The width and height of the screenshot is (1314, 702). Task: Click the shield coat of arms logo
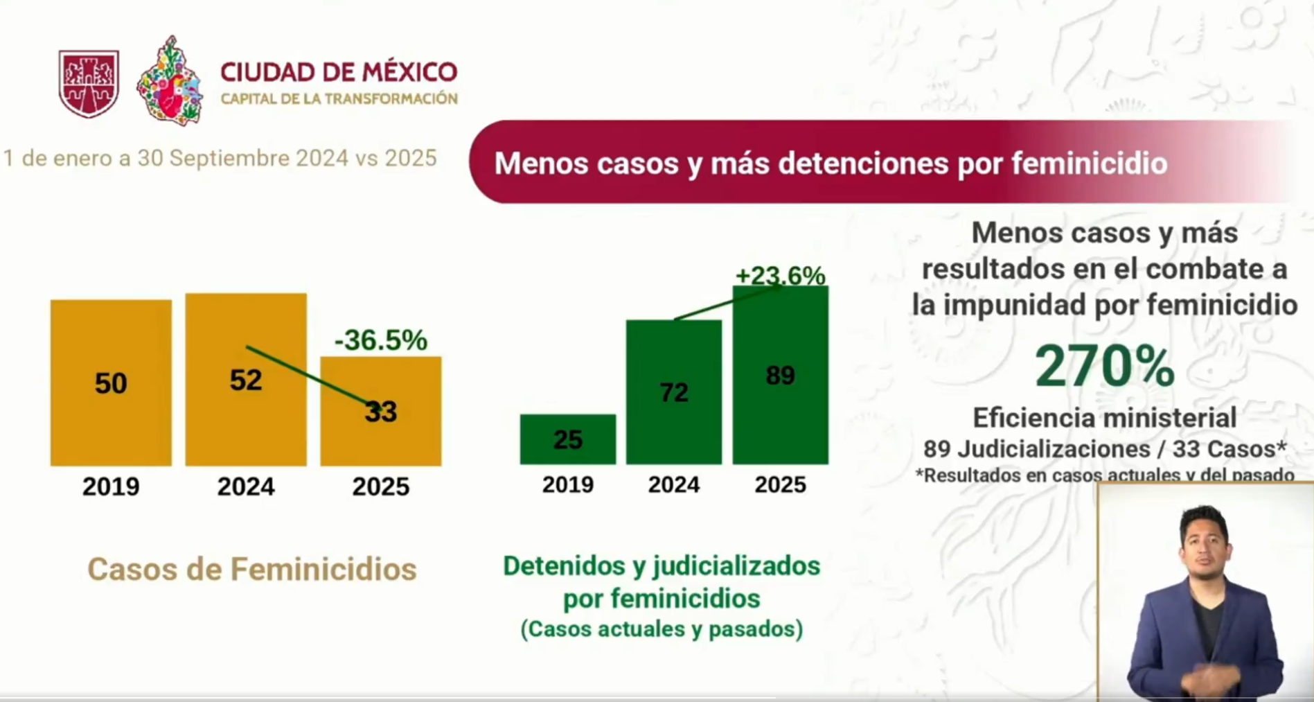tap(89, 83)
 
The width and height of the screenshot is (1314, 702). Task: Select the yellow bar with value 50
tap(111, 383)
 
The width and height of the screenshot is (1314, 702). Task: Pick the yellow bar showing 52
tap(246, 379)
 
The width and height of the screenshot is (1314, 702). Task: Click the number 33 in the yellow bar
tap(381, 412)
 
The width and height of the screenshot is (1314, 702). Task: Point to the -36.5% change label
tap(381, 340)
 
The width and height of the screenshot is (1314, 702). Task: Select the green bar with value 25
tap(568, 439)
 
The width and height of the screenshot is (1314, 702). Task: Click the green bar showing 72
tap(674, 392)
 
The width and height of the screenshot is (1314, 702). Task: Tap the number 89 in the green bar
tap(780, 376)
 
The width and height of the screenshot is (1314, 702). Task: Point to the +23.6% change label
tap(780, 276)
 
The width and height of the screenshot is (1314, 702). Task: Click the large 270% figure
tap(1105, 366)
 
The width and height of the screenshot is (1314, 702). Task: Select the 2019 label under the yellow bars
tap(111, 486)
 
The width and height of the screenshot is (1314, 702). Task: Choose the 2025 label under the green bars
tap(780, 484)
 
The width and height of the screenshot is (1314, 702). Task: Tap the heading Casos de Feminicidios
tap(252, 569)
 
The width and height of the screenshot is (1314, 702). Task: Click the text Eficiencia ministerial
tap(1105, 418)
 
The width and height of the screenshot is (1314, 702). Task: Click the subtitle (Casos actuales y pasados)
tap(662, 629)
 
